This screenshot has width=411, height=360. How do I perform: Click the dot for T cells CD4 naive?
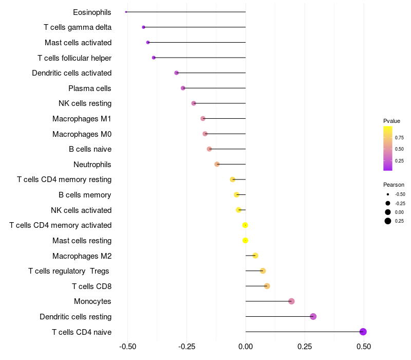coord(363,332)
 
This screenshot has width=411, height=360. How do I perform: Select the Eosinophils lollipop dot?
coord(126,12)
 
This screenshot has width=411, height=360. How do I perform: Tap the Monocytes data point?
coord(291,301)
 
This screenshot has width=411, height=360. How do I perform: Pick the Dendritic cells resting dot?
coord(313,316)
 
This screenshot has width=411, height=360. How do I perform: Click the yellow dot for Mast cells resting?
coord(245,240)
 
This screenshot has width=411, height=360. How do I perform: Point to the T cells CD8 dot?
coord(267,286)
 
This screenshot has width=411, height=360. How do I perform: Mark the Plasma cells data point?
coord(183,88)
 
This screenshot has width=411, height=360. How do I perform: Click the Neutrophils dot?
coord(217,164)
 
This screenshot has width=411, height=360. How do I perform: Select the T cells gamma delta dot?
coord(143,27)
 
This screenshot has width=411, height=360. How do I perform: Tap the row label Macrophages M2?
coord(82,256)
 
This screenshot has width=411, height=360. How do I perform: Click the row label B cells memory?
coord(85,195)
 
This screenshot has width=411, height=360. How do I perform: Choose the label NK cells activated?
coord(81,210)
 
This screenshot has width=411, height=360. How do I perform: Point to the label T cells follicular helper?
coord(74,58)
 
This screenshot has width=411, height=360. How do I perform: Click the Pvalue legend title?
coord(391,121)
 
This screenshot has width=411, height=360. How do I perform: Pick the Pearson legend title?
coord(394,185)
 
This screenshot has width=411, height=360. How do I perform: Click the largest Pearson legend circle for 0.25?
coord(387,221)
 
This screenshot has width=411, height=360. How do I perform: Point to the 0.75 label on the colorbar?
coord(399,137)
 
